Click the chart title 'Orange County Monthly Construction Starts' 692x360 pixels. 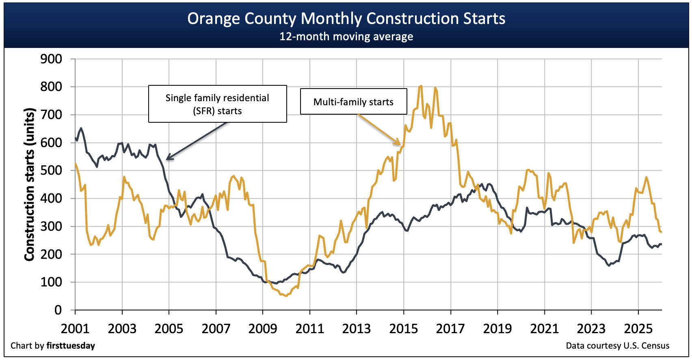coord(346,19)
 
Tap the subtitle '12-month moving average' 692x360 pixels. coord(346,37)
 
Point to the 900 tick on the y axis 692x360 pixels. coord(51,59)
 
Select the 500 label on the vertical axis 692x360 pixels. coord(51,171)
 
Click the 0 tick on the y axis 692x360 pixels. coord(58,310)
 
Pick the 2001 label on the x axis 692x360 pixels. coord(75,328)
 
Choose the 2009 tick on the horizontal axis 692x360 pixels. coord(263,328)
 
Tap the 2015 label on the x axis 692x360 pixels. coord(404,328)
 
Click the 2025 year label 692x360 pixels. coord(638,328)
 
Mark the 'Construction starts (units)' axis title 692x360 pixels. coord(29,184)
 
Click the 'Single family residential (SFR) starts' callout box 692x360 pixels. coord(217,104)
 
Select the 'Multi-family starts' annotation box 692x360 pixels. coord(353,102)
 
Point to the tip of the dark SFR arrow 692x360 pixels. coord(167,159)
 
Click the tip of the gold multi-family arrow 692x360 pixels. coord(401,144)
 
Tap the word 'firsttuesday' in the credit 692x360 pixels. coord(71,346)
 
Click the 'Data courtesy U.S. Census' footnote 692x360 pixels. coord(617,346)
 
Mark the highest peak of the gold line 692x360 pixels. coord(421,86)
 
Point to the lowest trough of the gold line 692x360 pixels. coord(286,296)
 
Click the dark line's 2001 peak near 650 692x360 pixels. coord(81,128)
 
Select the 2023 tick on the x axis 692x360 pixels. coord(591,328)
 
